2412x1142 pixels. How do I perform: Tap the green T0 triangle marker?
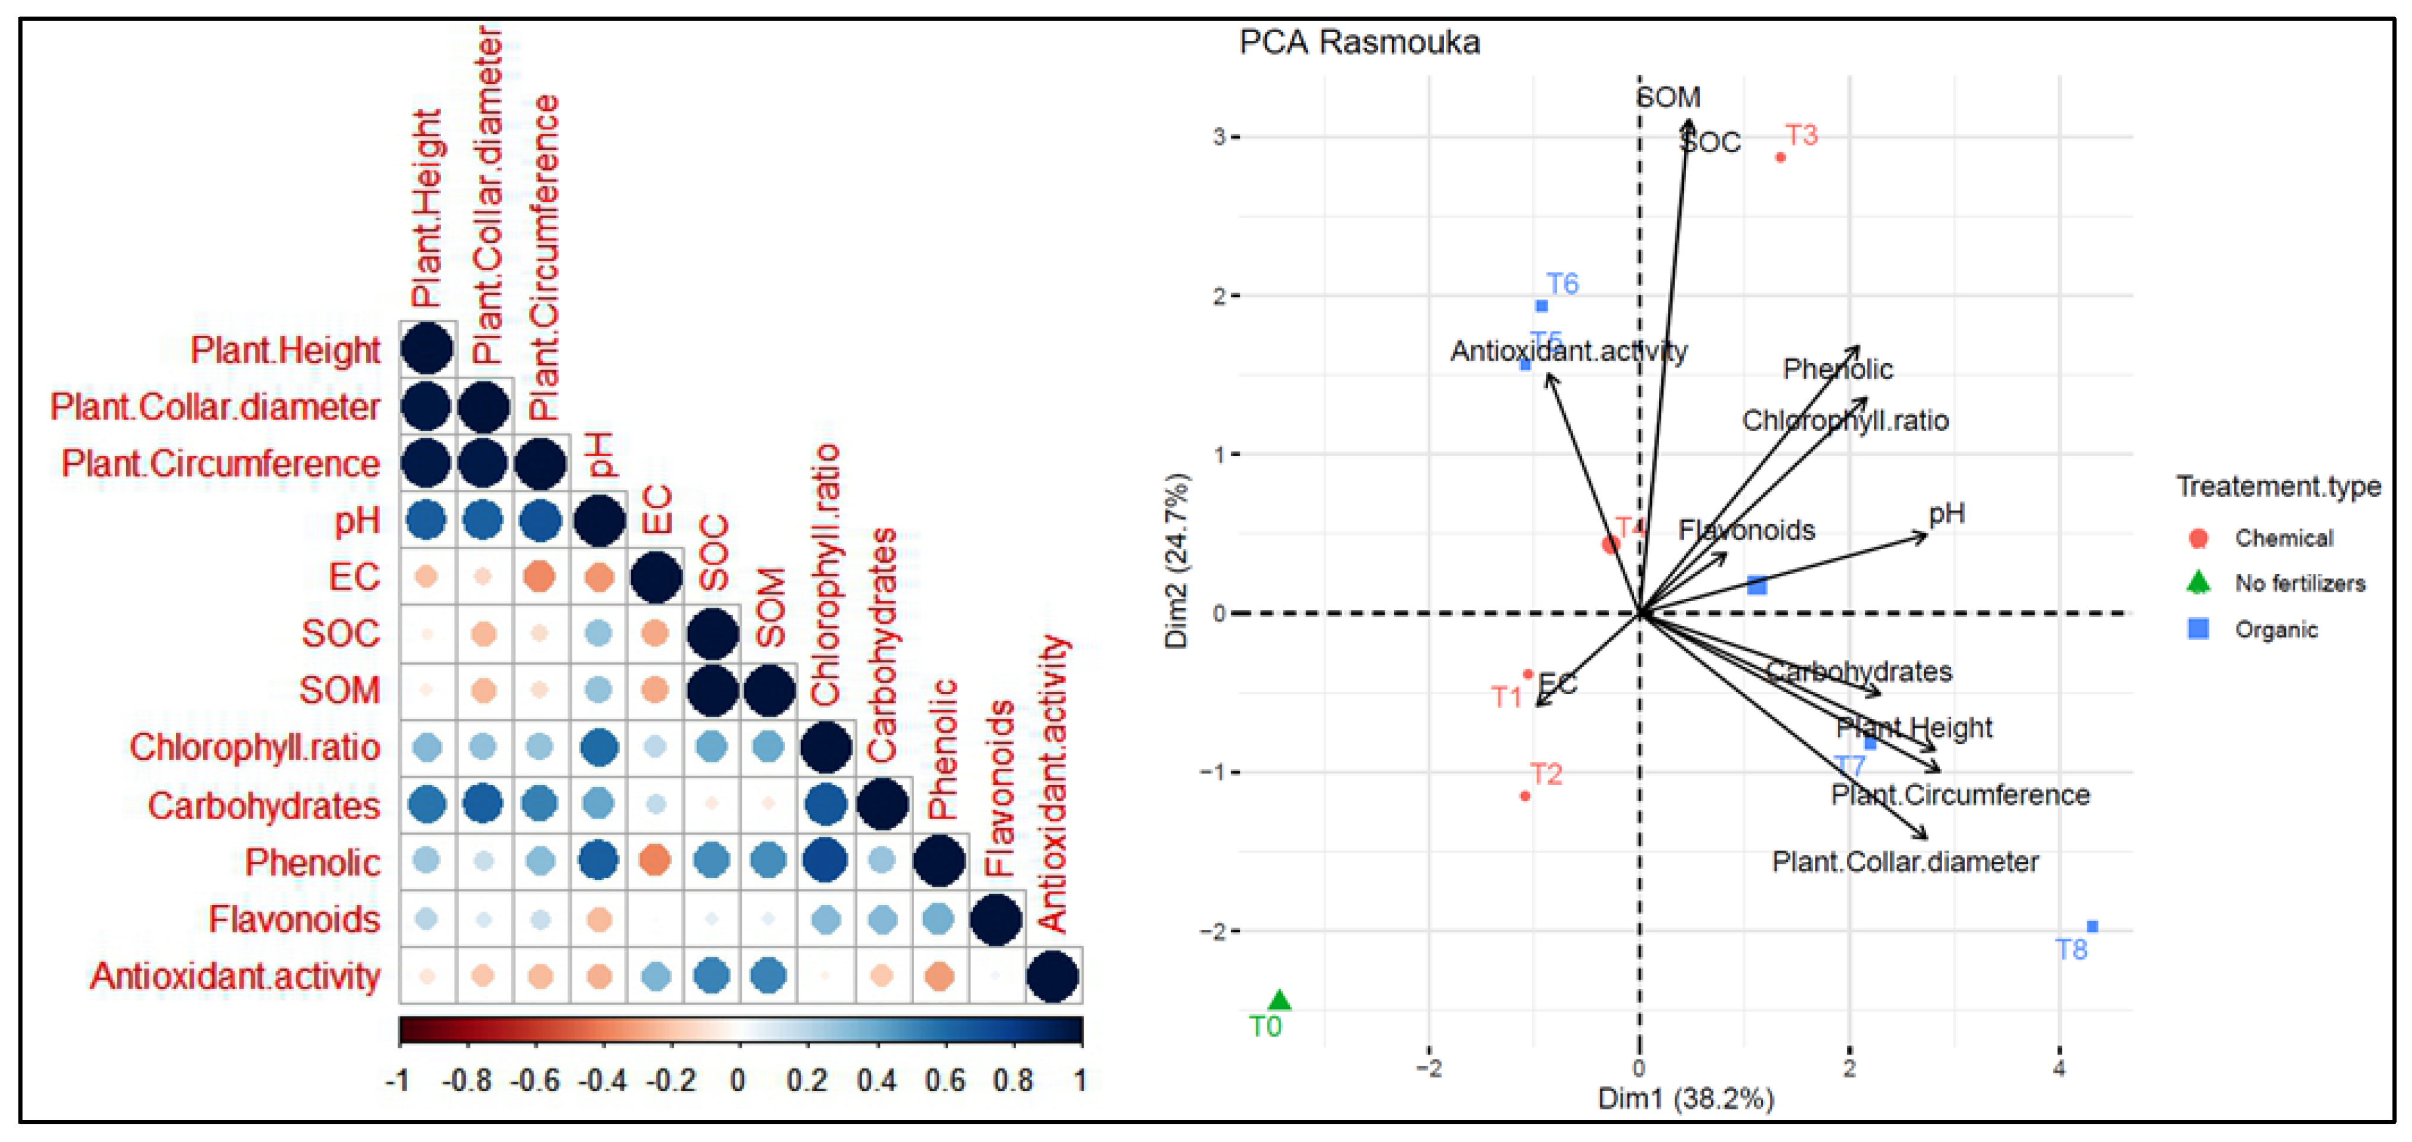1279,1000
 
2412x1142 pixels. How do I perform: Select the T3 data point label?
1801,135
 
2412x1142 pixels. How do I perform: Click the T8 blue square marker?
2092,927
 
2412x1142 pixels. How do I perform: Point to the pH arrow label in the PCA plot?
1947,513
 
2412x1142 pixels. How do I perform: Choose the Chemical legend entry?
2283,538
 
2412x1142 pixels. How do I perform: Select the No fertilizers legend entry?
2299,583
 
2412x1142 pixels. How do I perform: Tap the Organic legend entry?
2275,629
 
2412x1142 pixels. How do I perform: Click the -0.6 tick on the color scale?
534,1081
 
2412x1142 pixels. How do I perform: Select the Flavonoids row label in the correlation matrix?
293,919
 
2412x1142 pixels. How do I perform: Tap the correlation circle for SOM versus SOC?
713,691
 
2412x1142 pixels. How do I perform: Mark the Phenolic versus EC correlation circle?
655,860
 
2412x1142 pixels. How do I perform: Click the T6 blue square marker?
1541,306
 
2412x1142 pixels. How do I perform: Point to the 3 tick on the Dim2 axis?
1218,137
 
